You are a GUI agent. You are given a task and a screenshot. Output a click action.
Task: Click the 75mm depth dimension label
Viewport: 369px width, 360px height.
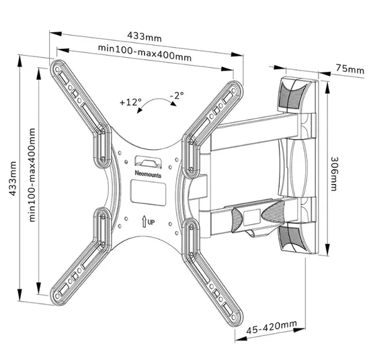click(x=350, y=69)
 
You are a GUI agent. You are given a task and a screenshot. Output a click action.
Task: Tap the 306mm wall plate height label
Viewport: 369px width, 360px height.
click(x=334, y=174)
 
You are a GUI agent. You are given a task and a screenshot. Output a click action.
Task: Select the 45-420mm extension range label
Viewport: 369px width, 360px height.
click(x=272, y=327)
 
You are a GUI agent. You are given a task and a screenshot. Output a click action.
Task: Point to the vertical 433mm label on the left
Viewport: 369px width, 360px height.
click(x=13, y=179)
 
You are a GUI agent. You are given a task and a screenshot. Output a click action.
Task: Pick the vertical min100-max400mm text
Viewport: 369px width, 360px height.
click(x=32, y=175)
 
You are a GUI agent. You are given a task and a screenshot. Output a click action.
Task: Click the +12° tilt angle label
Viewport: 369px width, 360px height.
click(x=130, y=102)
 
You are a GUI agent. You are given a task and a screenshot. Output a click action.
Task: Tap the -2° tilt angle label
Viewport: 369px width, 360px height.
click(x=177, y=95)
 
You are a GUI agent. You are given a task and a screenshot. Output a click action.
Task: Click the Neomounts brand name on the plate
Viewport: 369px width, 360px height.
click(x=148, y=174)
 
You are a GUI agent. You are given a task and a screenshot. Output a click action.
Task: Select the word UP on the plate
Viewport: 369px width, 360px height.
click(x=151, y=222)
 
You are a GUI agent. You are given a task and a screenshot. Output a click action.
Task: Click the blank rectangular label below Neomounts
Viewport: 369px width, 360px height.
click(x=149, y=192)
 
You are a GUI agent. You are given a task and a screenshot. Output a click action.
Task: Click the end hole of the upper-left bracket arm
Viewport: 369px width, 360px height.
click(x=57, y=70)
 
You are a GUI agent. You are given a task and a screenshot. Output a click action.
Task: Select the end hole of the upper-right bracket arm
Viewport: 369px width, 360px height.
click(x=234, y=91)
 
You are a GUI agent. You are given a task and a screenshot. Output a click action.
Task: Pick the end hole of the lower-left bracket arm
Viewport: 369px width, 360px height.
click(x=56, y=296)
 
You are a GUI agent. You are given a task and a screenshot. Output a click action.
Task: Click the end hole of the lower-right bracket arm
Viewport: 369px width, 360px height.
click(x=234, y=318)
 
